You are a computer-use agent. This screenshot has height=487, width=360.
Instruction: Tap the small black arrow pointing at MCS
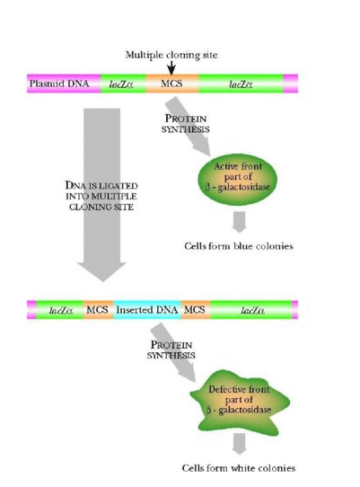(171, 68)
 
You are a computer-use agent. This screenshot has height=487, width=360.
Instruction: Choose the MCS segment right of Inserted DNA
(195, 310)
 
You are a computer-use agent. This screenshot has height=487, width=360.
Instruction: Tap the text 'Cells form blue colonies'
(238, 245)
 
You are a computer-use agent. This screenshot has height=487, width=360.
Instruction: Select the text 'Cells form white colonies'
(238, 468)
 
